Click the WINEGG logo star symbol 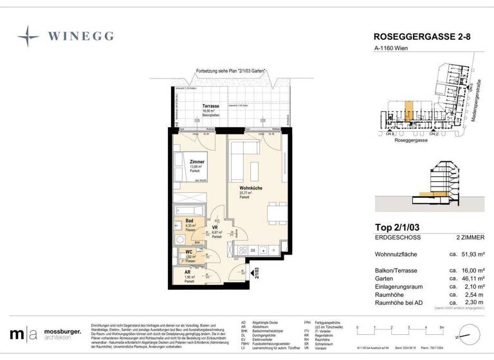(x=28, y=36)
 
